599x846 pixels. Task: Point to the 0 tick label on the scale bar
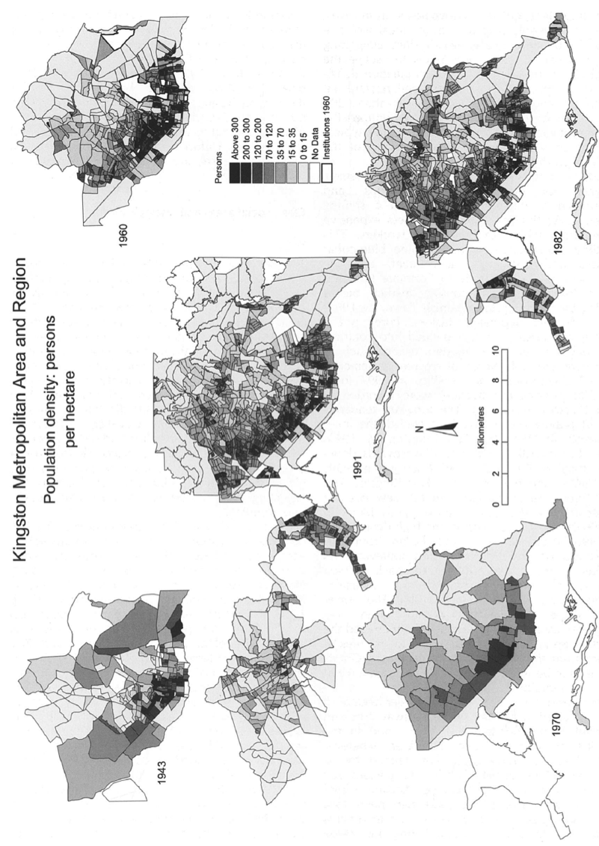pyautogui.click(x=495, y=505)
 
